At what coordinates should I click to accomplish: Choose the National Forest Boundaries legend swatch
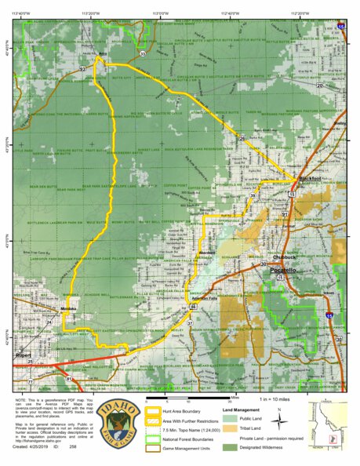[153, 439]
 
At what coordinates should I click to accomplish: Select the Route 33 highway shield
[143, 54]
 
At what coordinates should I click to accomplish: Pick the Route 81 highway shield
[69, 379]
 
